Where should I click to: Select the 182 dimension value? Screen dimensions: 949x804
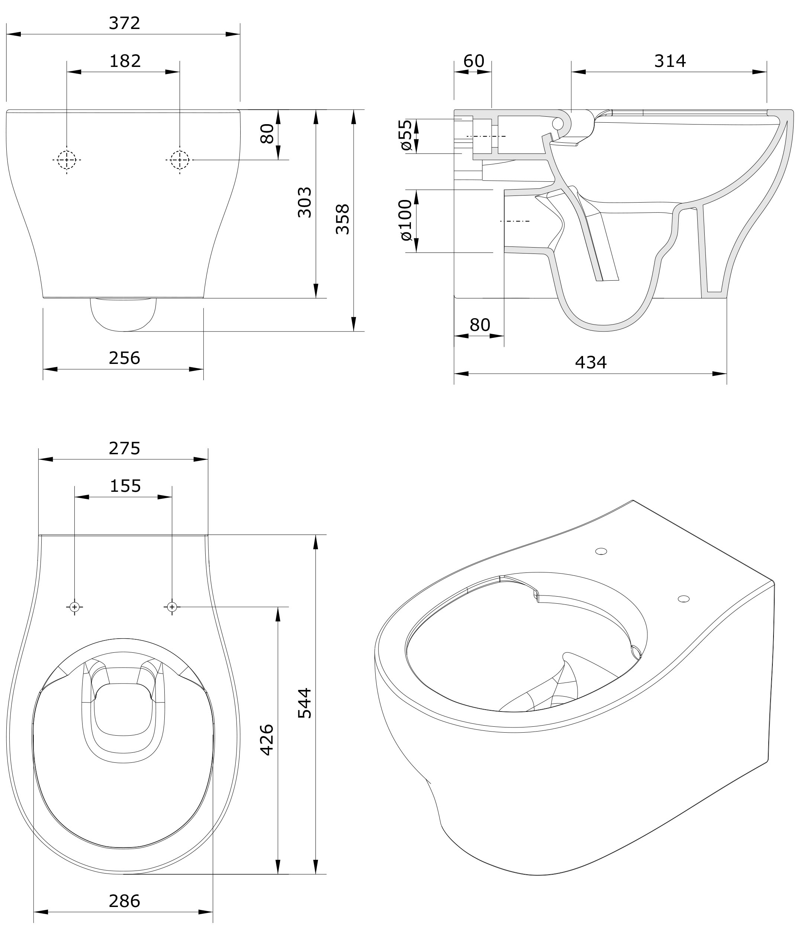(x=125, y=61)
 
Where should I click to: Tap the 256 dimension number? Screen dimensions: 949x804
(x=125, y=358)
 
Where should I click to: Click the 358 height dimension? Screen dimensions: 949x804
(x=342, y=219)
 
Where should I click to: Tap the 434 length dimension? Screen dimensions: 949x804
(x=591, y=363)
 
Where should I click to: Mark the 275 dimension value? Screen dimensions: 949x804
(x=125, y=449)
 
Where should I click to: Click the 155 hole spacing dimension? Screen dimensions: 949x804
(x=125, y=486)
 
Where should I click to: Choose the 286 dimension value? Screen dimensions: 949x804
(x=125, y=901)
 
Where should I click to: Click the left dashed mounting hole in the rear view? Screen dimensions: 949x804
(x=67, y=160)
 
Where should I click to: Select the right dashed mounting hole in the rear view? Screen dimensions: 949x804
(x=180, y=160)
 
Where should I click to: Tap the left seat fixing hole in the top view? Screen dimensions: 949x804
(x=75, y=607)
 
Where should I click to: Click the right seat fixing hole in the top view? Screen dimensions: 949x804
(x=172, y=607)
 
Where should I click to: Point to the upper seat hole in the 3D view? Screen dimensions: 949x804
(x=601, y=551)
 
